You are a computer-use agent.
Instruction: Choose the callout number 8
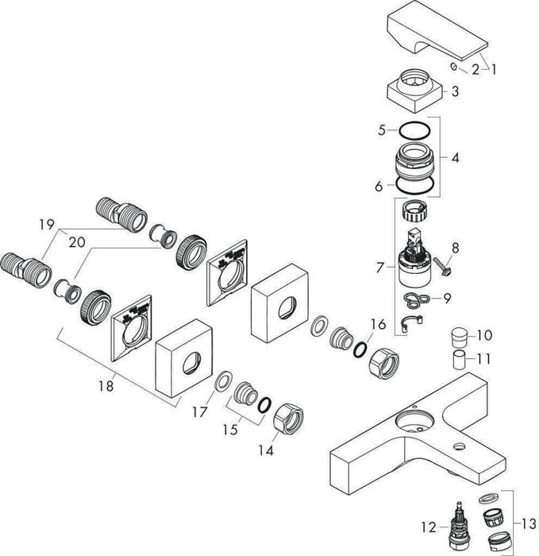(x=456, y=247)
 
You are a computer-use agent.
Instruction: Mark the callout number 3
(x=455, y=91)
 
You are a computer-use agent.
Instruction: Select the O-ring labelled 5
(x=417, y=131)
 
